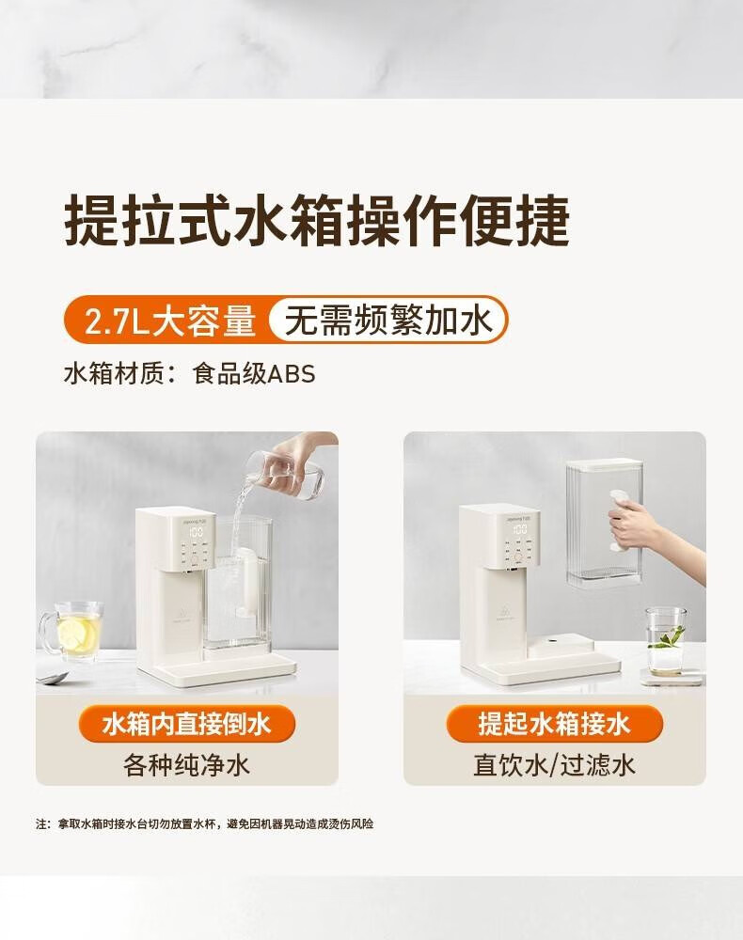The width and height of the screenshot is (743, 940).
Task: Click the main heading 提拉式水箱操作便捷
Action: [x=317, y=220]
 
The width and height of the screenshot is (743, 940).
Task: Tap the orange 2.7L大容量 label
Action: [x=169, y=321]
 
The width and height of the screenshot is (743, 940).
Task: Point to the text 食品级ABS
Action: [x=254, y=374]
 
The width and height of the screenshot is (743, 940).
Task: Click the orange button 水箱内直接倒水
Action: [x=186, y=724]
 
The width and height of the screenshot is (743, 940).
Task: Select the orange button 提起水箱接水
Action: [x=554, y=724]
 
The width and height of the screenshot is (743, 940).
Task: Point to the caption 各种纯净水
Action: [x=186, y=765]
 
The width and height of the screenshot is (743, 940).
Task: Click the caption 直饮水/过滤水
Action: [x=554, y=765]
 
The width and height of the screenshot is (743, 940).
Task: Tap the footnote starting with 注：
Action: [x=204, y=823]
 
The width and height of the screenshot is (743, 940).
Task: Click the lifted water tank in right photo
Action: [x=604, y=522]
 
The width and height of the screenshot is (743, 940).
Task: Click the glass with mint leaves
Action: [x=666, y=639]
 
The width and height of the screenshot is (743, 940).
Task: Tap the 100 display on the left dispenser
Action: [x=196, y=532]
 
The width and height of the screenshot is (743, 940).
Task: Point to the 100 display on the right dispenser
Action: [x=520, y=528]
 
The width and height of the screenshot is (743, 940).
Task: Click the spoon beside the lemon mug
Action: [x=53, y=678]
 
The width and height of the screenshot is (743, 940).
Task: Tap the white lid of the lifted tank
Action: [x=604, y=464]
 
